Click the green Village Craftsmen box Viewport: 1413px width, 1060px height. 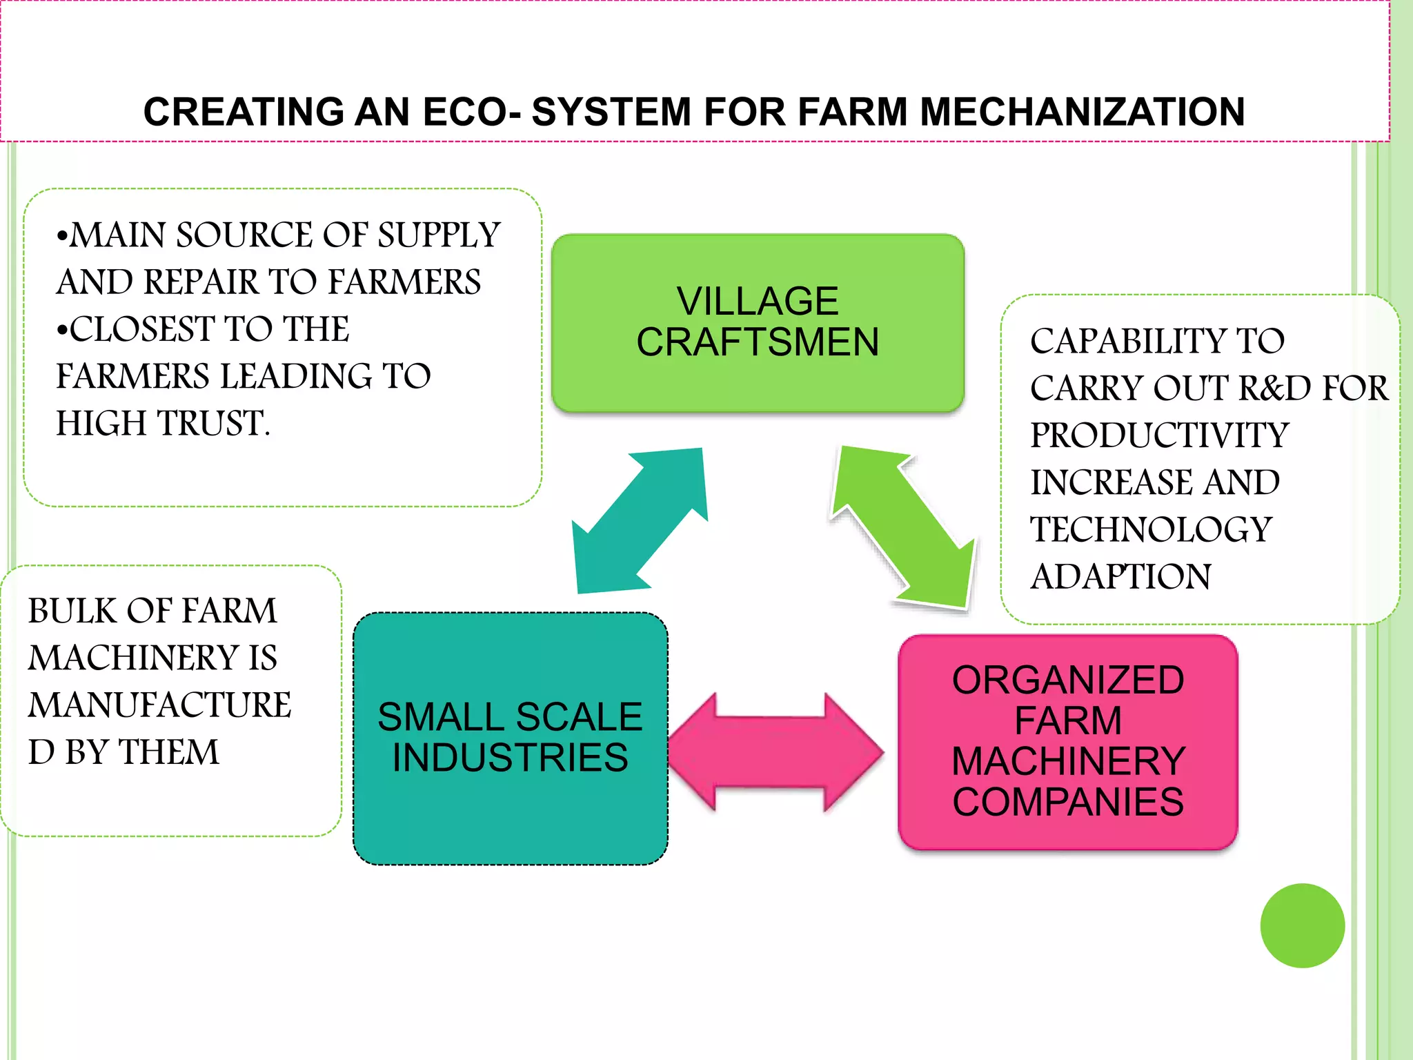tap(758, 322)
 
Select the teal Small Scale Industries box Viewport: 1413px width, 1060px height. tap(510, 738)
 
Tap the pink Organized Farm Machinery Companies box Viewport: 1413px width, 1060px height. tap(1067, 742)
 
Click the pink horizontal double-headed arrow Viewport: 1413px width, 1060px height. tap(775, 752)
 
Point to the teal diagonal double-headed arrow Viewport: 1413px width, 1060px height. tap(641, 521)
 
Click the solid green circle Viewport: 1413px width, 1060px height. tap(1302, 925)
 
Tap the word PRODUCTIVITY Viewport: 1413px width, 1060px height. tap(1159, 435)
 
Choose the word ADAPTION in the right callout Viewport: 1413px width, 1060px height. tap(1120, 577)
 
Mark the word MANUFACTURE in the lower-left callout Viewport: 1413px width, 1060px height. tap(159, 705)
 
